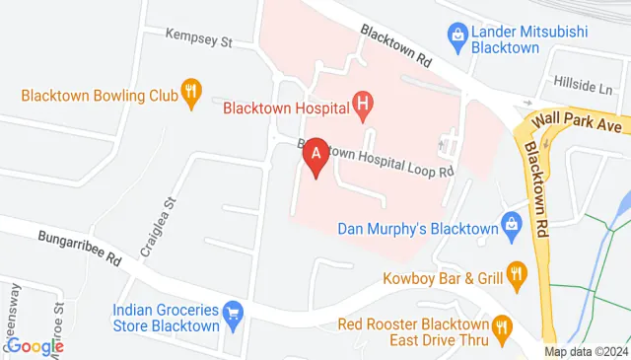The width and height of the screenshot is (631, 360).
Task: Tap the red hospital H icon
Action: tap(363, 103)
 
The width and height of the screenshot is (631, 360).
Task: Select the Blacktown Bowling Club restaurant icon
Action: tap(190, 95)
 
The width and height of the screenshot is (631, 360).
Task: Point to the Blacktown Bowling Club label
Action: tap(98, 96)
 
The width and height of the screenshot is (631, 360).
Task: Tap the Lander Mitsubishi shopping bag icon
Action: tap(457, 37)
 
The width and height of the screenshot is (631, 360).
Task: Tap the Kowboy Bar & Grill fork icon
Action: tap(514, 274)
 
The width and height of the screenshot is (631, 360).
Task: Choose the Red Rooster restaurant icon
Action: tap(502, 324)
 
